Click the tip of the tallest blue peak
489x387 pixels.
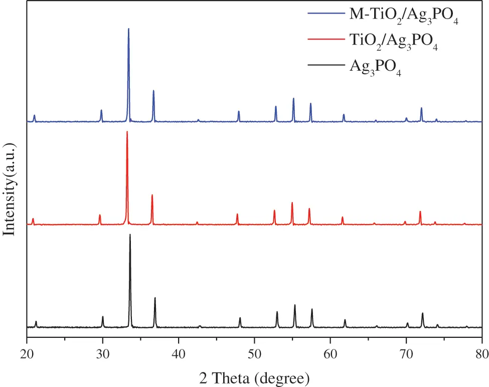coord(128,29)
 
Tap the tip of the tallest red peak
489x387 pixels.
coord(127,132)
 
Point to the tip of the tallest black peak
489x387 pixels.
coord(130,235)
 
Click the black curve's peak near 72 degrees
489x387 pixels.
coord(422,313)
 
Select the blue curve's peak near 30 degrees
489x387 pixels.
coord(101,110)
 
